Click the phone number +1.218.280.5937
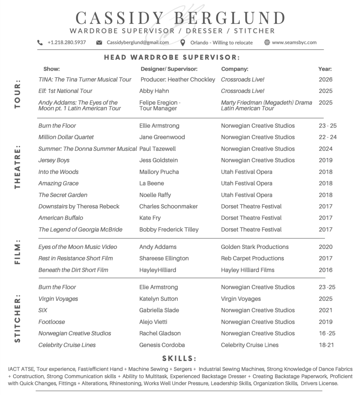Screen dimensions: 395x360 [67, 42]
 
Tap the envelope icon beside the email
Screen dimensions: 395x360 [99, 42]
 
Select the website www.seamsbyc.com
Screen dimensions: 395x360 [294, 42]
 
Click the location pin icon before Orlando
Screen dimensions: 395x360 [183, 42]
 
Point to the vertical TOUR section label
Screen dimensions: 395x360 [17, 94]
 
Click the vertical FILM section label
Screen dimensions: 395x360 [17, 253]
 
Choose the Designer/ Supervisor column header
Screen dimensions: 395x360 [169, 69]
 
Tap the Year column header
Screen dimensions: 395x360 [325, 69]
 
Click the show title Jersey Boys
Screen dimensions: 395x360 [54, 160]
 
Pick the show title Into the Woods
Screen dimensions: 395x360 [58, 172]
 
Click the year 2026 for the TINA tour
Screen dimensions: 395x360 [325, 79]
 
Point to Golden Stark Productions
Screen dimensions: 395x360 [255, 247]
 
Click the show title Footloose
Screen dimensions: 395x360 [52, 322]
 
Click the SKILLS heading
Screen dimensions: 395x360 [179, 358]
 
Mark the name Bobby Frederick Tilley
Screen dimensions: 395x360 [169, 230]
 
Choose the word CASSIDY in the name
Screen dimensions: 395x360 [120, 18]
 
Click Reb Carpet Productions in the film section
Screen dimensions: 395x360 [252, 258]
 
